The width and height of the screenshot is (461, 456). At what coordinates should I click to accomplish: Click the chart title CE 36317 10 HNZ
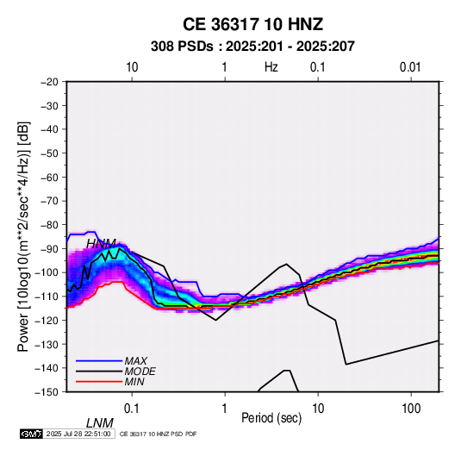(x=252, y=24)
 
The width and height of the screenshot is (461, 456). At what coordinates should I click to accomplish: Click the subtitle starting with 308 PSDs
(x=252, y=47)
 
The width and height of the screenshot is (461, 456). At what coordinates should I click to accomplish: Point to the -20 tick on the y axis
(x=49, y=82)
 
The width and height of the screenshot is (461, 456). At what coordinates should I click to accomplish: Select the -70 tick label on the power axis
(x=49, y=201)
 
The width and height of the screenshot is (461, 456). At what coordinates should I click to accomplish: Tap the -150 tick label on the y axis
(x=47, y=392)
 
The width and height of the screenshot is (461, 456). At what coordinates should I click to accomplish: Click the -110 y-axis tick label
(x=47, y=297)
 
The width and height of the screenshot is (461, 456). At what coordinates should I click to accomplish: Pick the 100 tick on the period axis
(x=411, y=409)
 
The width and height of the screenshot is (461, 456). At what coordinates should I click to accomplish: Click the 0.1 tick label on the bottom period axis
(x=132, y=409)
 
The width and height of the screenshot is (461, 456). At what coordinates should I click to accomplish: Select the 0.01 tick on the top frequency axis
(x=410, y=67)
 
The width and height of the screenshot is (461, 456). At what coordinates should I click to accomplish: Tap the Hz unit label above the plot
(x=271, y=67)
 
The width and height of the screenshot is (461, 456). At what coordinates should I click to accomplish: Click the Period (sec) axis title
(x=271, y=418)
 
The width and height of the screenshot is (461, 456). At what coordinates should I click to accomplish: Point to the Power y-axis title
(x=23, y=237)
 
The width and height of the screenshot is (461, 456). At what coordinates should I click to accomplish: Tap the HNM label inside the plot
(x=101, y=244)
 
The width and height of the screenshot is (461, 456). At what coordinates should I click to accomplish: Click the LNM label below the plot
(x=100, y=423)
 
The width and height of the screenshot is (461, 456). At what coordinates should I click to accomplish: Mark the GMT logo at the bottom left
(x=32, y=434)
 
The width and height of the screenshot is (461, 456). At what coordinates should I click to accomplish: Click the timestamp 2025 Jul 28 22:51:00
(x=78, y=434)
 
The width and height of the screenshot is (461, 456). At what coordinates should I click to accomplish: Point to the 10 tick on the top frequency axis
(x=132, y=67)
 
